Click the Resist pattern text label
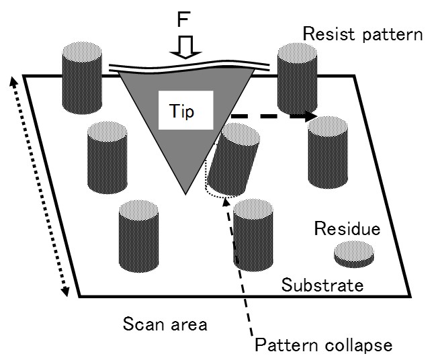362,34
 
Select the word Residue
347,229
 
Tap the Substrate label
322,284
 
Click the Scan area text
165,324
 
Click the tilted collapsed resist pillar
228,165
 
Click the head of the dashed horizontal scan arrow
311,117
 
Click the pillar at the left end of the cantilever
81,77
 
